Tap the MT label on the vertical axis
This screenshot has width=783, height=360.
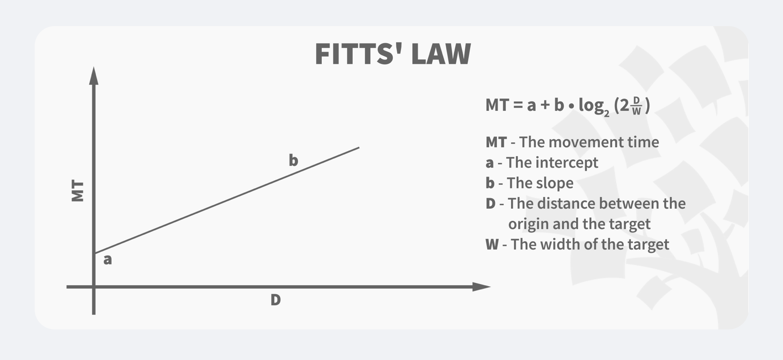tap(77, 191)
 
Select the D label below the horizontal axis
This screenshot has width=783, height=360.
tap(276, 300)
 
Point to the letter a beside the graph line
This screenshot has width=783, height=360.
tap(107, 259)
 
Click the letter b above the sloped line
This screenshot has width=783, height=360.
tap(293, 160)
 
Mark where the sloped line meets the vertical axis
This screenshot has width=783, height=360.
tap(94, 253)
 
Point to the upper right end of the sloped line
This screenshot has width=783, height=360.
tap(358, 148)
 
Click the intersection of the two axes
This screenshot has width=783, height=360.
tap(94, 287)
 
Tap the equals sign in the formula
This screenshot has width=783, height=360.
tap(518, 105)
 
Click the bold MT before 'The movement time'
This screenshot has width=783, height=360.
tap(496, 142)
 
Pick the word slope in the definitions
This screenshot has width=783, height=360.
tap(557, 183)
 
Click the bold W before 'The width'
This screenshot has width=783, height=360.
tap(492, 245)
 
